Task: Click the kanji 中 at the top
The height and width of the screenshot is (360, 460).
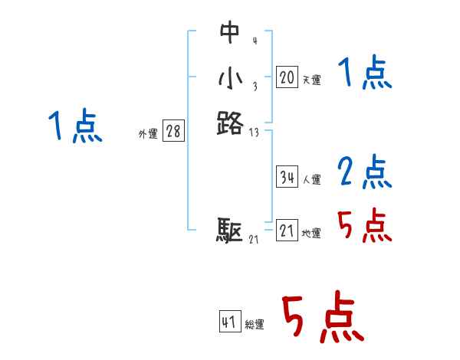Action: click(x=229, y=33)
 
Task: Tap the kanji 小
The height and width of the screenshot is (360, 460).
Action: click(x=229, y=78)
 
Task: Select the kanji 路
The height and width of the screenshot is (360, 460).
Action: click(x=229, y=123)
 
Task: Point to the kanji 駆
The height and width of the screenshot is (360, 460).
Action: click(x=229, y=230)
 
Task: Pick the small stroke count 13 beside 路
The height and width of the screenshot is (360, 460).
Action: click(x=255, y=132)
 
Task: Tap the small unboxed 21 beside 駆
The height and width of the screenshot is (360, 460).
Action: click(x=255, y=240)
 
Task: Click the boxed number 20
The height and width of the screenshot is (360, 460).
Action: click(x=287, y=77)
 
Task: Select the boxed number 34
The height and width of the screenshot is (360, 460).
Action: click(x=287, y=177)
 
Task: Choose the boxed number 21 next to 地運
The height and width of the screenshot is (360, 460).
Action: click(x=287, y=231)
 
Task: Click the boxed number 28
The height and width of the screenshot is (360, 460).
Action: click(x=173, y=132)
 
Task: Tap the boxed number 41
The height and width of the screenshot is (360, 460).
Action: click(x=229, y=322)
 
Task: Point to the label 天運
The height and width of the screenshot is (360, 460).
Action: click(x=311, y=80)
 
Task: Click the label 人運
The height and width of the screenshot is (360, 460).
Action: click(x=311, y=180)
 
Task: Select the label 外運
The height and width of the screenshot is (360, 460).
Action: click(x=148, y=134)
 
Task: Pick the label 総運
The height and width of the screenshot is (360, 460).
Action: click(x=255, y=325)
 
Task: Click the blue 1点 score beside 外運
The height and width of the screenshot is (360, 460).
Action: click(x=74, y=126)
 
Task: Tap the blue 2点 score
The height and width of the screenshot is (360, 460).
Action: click(x=365, y=172)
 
